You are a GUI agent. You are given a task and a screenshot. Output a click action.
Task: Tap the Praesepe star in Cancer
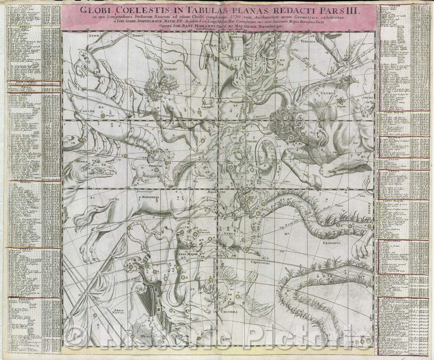click(x=103, y=116)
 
